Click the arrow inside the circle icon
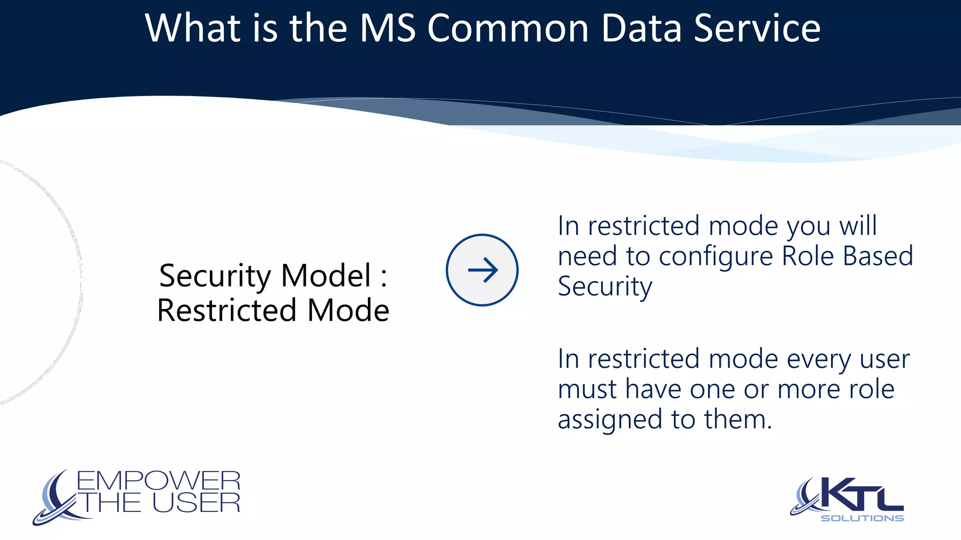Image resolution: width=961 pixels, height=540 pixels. pyautogui.click(x=482, y=270)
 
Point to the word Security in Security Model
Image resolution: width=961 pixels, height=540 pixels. pyautogui.click(x=215, y=276)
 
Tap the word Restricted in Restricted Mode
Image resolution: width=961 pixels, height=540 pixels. pyautogui.click(x=227, y=310)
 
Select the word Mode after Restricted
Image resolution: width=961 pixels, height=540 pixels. pyautogui.click(x=348, y=310)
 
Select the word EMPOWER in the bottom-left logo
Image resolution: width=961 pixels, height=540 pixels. pyautogui.click(x=159, y=481)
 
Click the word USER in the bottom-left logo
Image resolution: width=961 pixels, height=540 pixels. pyautogui.click(x=196, y=503)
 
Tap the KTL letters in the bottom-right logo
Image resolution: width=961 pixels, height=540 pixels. pyautogui.click(x=861, y=495)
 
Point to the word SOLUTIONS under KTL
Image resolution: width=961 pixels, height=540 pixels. pyautogui.click(x=862, y=518)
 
